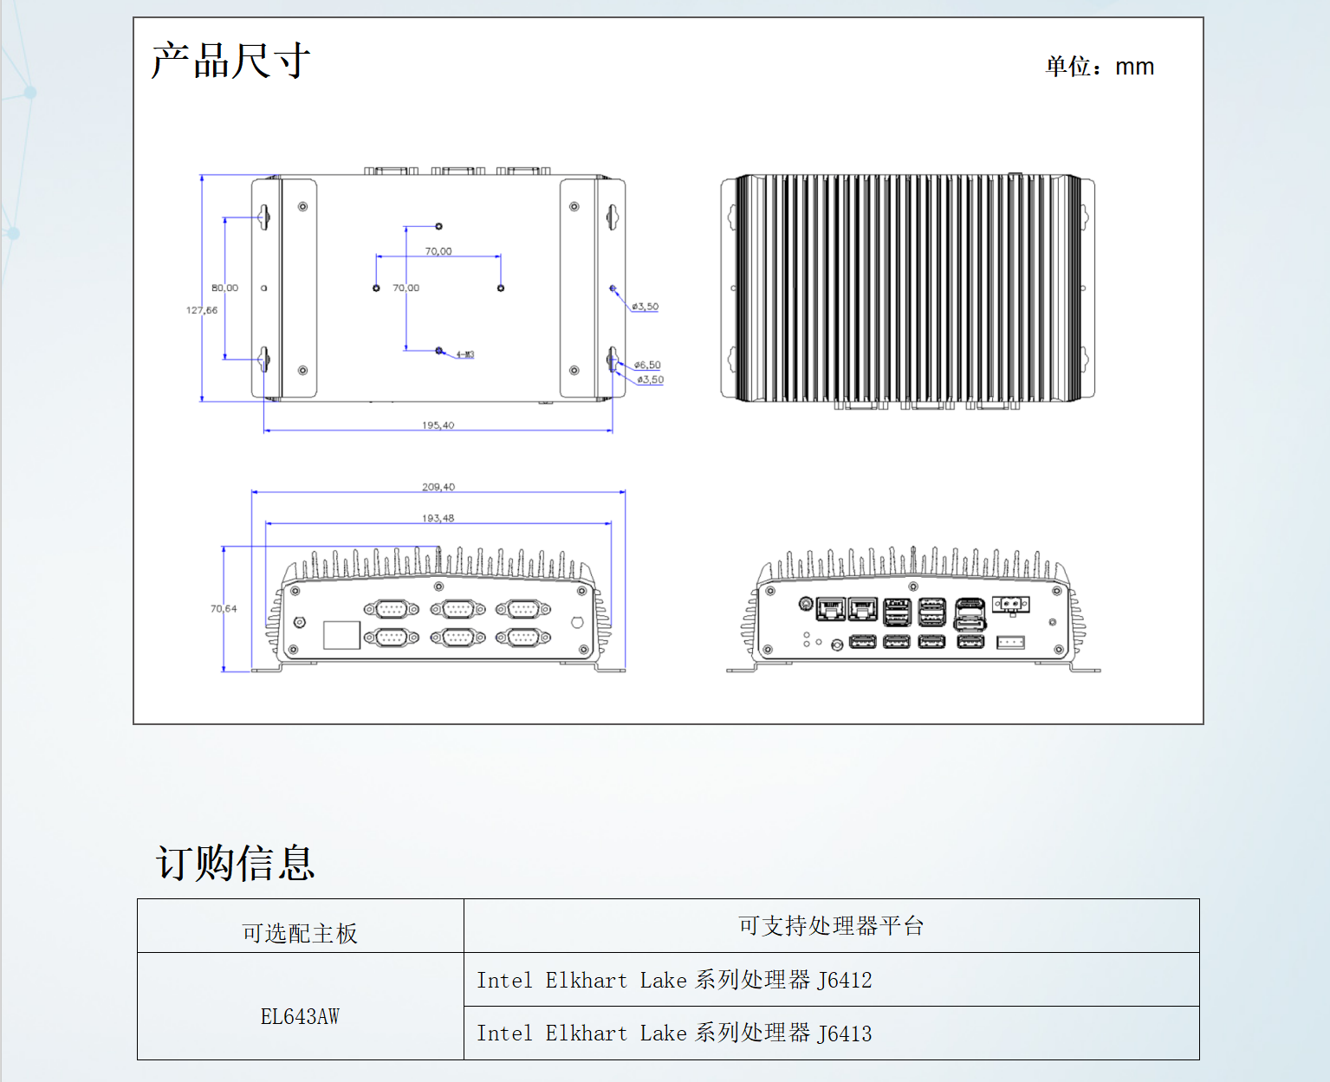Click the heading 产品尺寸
pyautogui.click(x=230, y=61)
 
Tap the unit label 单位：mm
pyautogui.click(x=1100, y=67)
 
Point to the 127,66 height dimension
pyautogui.click(x=202, y=310)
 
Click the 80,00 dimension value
pyautogui.click(x=224, y=288)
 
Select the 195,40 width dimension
pyautogui.click(x=438, y=425)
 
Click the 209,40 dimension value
pyautogui.click(x=438, y=487)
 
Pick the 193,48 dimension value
pyautogui.click(x=438, y=518)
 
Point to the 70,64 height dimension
pyautogui.click(x=224, y=609)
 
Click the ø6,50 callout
pyautogui.click(x=647, y=365)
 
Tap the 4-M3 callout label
pyautogui.click(x=465, y=354)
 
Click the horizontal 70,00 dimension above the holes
pyautogui.click(x=438, y=251)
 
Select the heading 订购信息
pyautogui.click(x=236, y=863)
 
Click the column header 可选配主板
pyautogui.click(x=300, y=933)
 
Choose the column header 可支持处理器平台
pyautogui.click(x=831, y=926)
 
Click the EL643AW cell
pyautogui.click(x=300, y=1016)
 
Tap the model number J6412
pyautogui.click(x=845, y=980)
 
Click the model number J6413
pyautogui.click(x=845, y=1033)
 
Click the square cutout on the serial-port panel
pyautogui.click(x=341, y=635)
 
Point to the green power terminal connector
pyautogui.click(x=1010, y=604)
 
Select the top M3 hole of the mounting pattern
pyautogui.click(x=439, y=226)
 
